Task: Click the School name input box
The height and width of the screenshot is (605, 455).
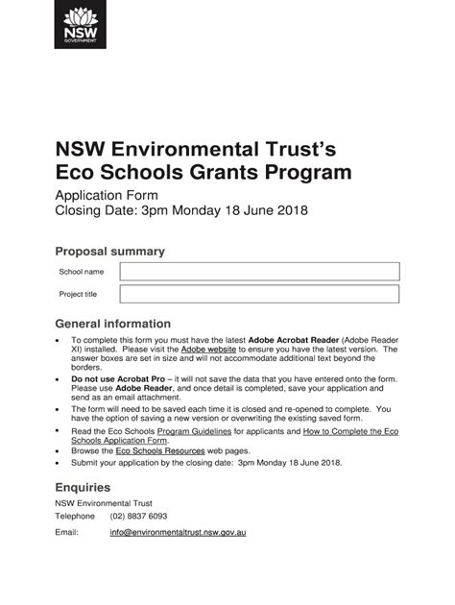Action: [x=259, y=272]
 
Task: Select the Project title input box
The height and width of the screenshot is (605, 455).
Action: [x=259, y=294]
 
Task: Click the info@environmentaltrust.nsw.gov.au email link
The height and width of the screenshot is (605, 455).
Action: [x=178, y=532]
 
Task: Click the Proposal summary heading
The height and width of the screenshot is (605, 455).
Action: [x=109, y=252]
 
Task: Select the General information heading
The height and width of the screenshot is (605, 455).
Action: [x=112, y=324]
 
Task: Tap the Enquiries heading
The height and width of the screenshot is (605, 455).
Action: [x=83, y=487]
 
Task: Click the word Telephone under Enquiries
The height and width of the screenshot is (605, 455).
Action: [x=75, y=516]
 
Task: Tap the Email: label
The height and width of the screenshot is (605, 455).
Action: [x=66, y=532]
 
